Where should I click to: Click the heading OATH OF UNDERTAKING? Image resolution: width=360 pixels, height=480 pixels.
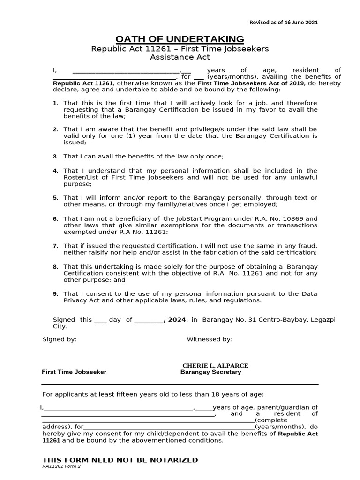(180, 39)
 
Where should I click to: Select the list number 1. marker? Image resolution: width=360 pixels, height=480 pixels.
(55, 103)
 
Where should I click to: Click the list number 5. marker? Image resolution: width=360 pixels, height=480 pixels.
(55, 198)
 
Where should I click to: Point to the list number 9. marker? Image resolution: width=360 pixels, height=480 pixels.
(55, 294)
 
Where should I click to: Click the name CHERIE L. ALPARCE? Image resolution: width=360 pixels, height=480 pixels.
(215, 366)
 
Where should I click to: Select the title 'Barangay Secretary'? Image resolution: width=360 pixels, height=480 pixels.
(210, 372)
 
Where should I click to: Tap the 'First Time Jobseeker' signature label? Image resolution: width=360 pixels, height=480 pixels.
(74, 372)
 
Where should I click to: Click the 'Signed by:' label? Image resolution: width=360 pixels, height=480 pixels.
(60, 339)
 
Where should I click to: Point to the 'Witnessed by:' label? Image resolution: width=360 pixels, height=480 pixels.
(210, 339)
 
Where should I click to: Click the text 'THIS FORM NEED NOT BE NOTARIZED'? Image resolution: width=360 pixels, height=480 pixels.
(120, 460)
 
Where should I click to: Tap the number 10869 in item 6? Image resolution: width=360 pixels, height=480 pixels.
(295, 219)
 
